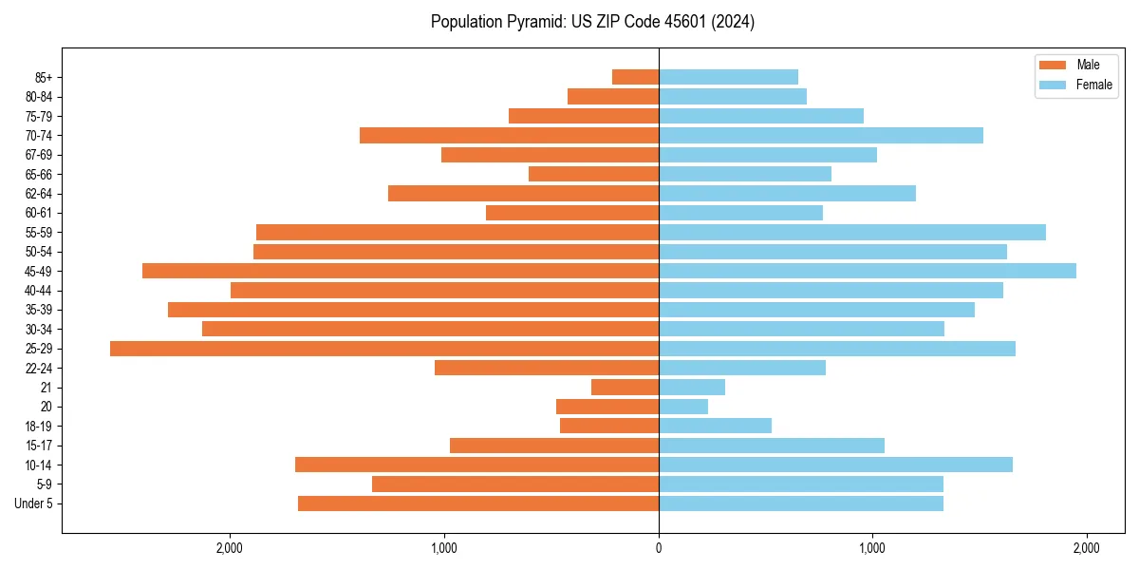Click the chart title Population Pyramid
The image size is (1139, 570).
(x=592, y=22)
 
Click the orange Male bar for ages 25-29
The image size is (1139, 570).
(x=384, y=349)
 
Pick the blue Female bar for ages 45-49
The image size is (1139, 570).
(x=868, y=271)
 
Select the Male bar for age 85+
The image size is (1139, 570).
(x=635, y=77)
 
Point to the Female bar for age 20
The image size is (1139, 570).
(x=683, y=407)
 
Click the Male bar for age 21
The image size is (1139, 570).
(x=625, y=388)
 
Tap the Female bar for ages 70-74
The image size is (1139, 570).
(x=821, y=135)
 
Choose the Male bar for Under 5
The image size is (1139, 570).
(x=478, y=503)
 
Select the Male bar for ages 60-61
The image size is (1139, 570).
(x=572, y=213)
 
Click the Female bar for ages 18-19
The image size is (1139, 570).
(x=715, y=426)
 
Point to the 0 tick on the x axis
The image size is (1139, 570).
(x=659, y=547)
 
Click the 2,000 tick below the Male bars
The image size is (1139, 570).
(x=230, y=547)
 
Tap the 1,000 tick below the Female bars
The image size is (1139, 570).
(x=872, y=547)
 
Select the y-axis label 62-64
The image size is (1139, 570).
(x=38, y=194)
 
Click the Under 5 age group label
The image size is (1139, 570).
(x=33, y=503)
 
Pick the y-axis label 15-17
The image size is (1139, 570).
(x=38, y=446)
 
